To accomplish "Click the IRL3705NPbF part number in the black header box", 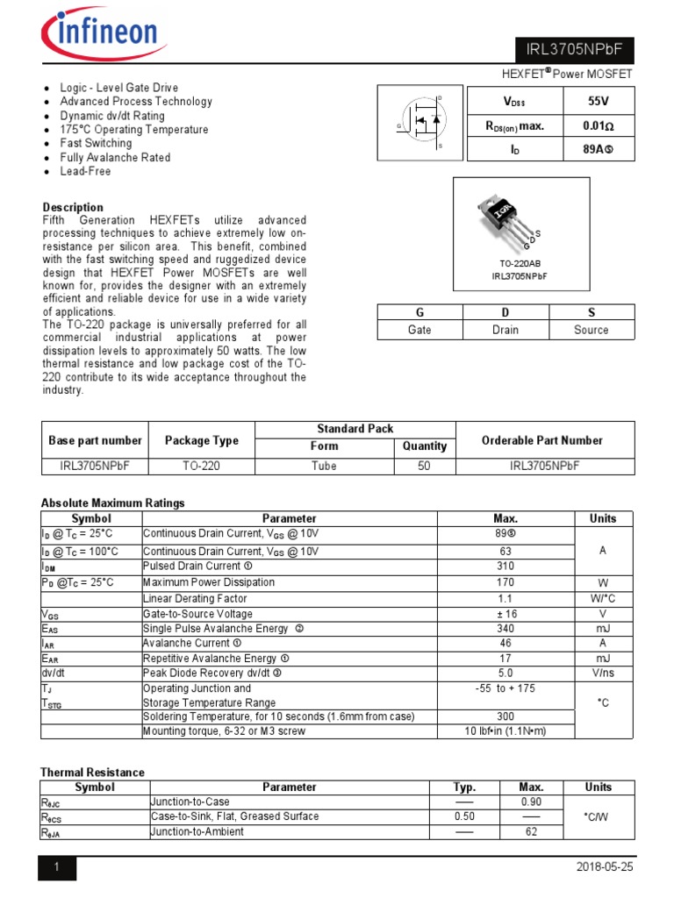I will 573,50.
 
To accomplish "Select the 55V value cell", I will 598,102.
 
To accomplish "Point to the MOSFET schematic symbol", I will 419,122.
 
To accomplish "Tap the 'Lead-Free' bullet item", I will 85,172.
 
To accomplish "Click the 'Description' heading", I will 73,208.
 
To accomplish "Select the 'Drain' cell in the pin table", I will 505,330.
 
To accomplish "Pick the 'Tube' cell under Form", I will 324,467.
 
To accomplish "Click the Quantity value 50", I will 424,467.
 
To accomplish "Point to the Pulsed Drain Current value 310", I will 505,567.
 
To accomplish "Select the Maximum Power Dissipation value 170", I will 505,582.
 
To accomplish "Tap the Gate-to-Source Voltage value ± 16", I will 505,614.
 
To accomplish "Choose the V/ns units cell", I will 602,673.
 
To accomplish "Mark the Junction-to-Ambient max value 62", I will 531,831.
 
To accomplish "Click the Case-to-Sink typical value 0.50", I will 464,816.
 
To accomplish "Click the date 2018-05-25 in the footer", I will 605,866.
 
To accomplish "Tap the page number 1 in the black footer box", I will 57,867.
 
